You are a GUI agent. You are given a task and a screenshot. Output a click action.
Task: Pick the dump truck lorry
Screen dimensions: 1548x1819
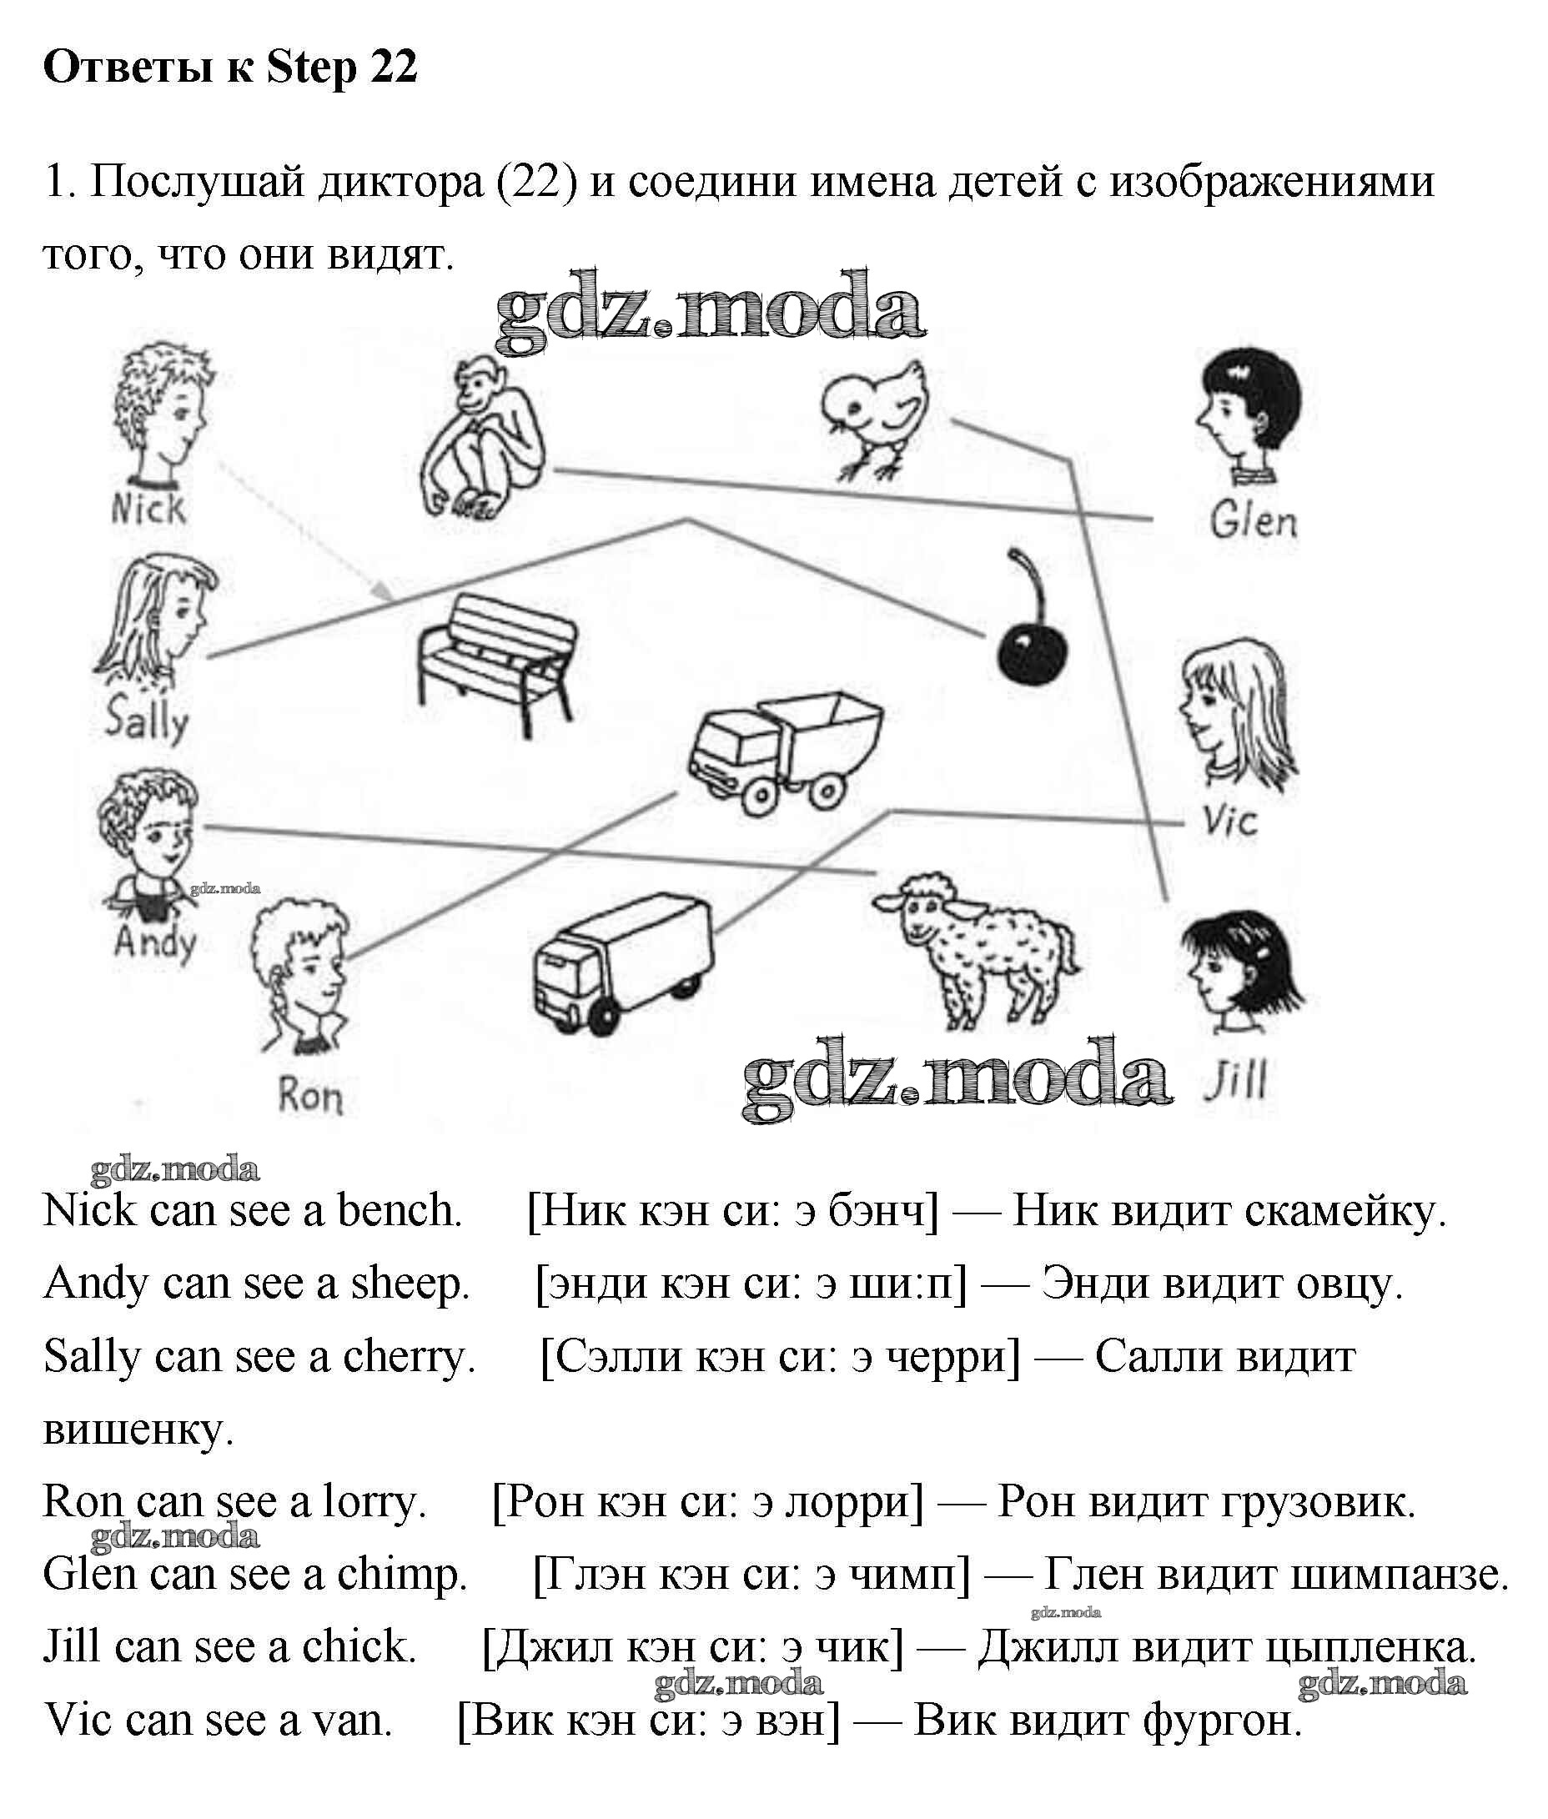click(784, 752)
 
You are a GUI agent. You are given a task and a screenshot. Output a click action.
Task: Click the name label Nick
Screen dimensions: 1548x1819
click(148, 508)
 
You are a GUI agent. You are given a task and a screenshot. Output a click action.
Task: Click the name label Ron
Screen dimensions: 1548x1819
click(309, 1096)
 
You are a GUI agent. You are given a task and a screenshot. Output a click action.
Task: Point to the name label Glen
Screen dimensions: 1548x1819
click(1253, 520)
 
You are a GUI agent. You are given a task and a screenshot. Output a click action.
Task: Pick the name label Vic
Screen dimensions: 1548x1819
click(1229, 821)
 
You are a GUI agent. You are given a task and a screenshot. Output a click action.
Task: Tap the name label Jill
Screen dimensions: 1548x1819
click(1235, 1080)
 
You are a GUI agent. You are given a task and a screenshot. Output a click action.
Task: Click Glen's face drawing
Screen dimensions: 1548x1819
click(1247, 415)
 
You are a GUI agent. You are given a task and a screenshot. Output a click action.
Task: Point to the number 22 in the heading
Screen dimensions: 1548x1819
click(393, 68)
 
